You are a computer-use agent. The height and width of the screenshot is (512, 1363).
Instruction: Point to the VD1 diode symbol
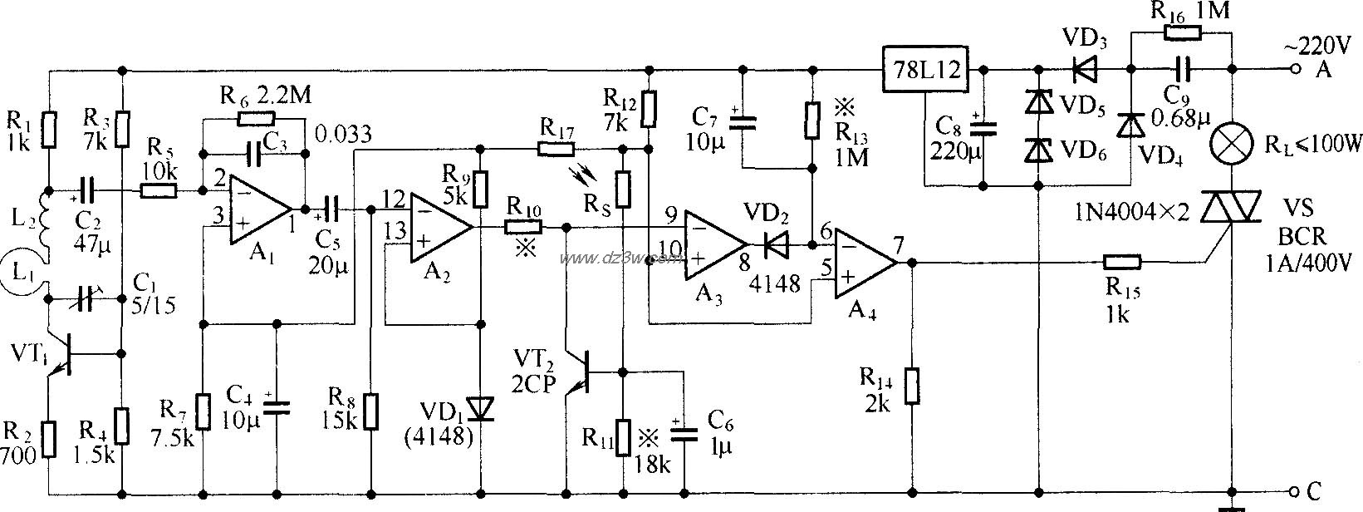pos(481,408)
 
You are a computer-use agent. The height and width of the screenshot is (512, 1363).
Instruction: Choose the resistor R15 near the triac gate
pos(1122,263)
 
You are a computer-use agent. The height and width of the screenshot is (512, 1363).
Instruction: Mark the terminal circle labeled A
pos(1297,71)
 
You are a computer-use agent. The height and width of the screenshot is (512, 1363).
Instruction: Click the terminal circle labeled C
pos(1297,490)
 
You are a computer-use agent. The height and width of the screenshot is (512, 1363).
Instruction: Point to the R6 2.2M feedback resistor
pos(254,119)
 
